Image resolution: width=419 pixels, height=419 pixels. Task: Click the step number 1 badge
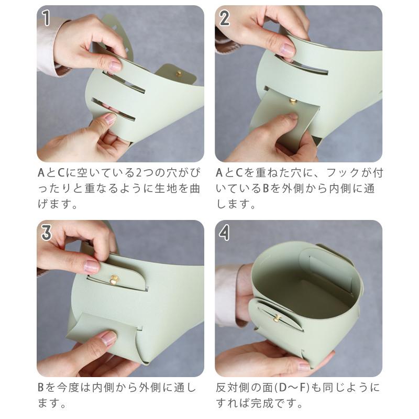click(47, 18)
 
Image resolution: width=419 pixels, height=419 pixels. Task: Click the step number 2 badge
click(225, 18)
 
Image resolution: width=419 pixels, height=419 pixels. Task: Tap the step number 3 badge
click(47, 232)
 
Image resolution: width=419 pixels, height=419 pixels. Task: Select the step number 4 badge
click(225, 232)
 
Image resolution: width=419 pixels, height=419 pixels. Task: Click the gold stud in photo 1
click(179, 74)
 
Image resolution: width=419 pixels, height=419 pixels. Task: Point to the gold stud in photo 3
click(114, 280)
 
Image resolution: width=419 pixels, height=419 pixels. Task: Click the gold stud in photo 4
click(276, 318)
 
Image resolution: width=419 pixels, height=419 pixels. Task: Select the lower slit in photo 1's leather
click(113, 108)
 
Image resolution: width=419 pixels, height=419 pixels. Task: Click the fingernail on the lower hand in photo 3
click(108, 338)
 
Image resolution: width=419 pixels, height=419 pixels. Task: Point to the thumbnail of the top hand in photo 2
click(287, 50)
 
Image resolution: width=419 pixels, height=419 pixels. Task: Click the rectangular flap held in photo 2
click(283, 118)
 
